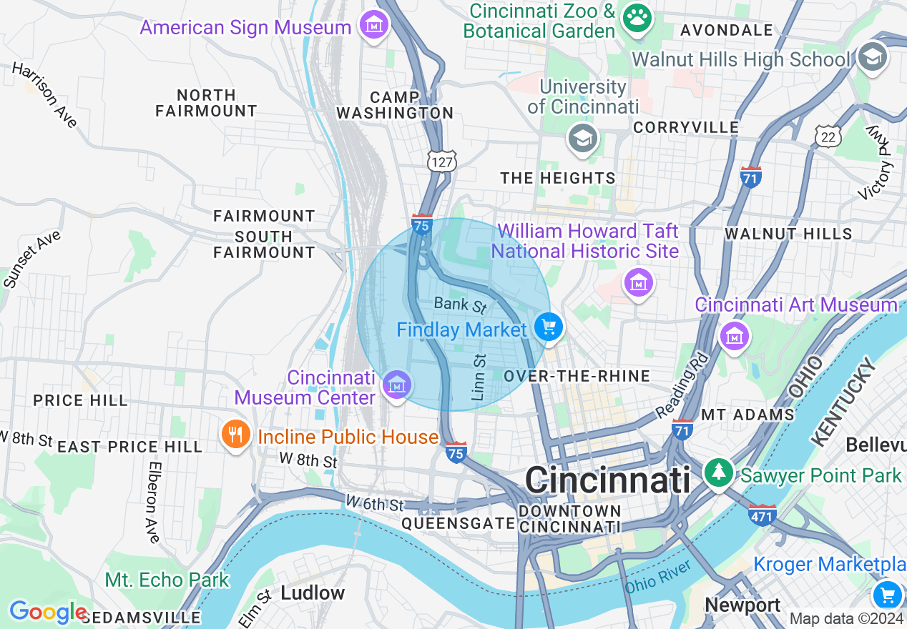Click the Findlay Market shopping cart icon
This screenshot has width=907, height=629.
click(x=549, y=328)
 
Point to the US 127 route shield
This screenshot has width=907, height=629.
click(x=441, y=162)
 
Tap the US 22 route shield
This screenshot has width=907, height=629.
click(x=828, y=136)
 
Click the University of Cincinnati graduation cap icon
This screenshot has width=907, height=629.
click(x=583, y=139)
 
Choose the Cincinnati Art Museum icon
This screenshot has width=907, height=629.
click(x=734, y=335)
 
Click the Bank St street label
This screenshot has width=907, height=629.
click(x=460, y=305)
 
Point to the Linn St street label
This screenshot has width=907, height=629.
click(x=479, y=377)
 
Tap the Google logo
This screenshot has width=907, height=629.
click(x=47, y=612)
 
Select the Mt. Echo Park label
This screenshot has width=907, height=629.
click(x=167, y=580)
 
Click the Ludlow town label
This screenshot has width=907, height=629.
click(x=313, y=593)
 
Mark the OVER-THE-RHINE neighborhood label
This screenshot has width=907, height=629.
click(x=577, y=376)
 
